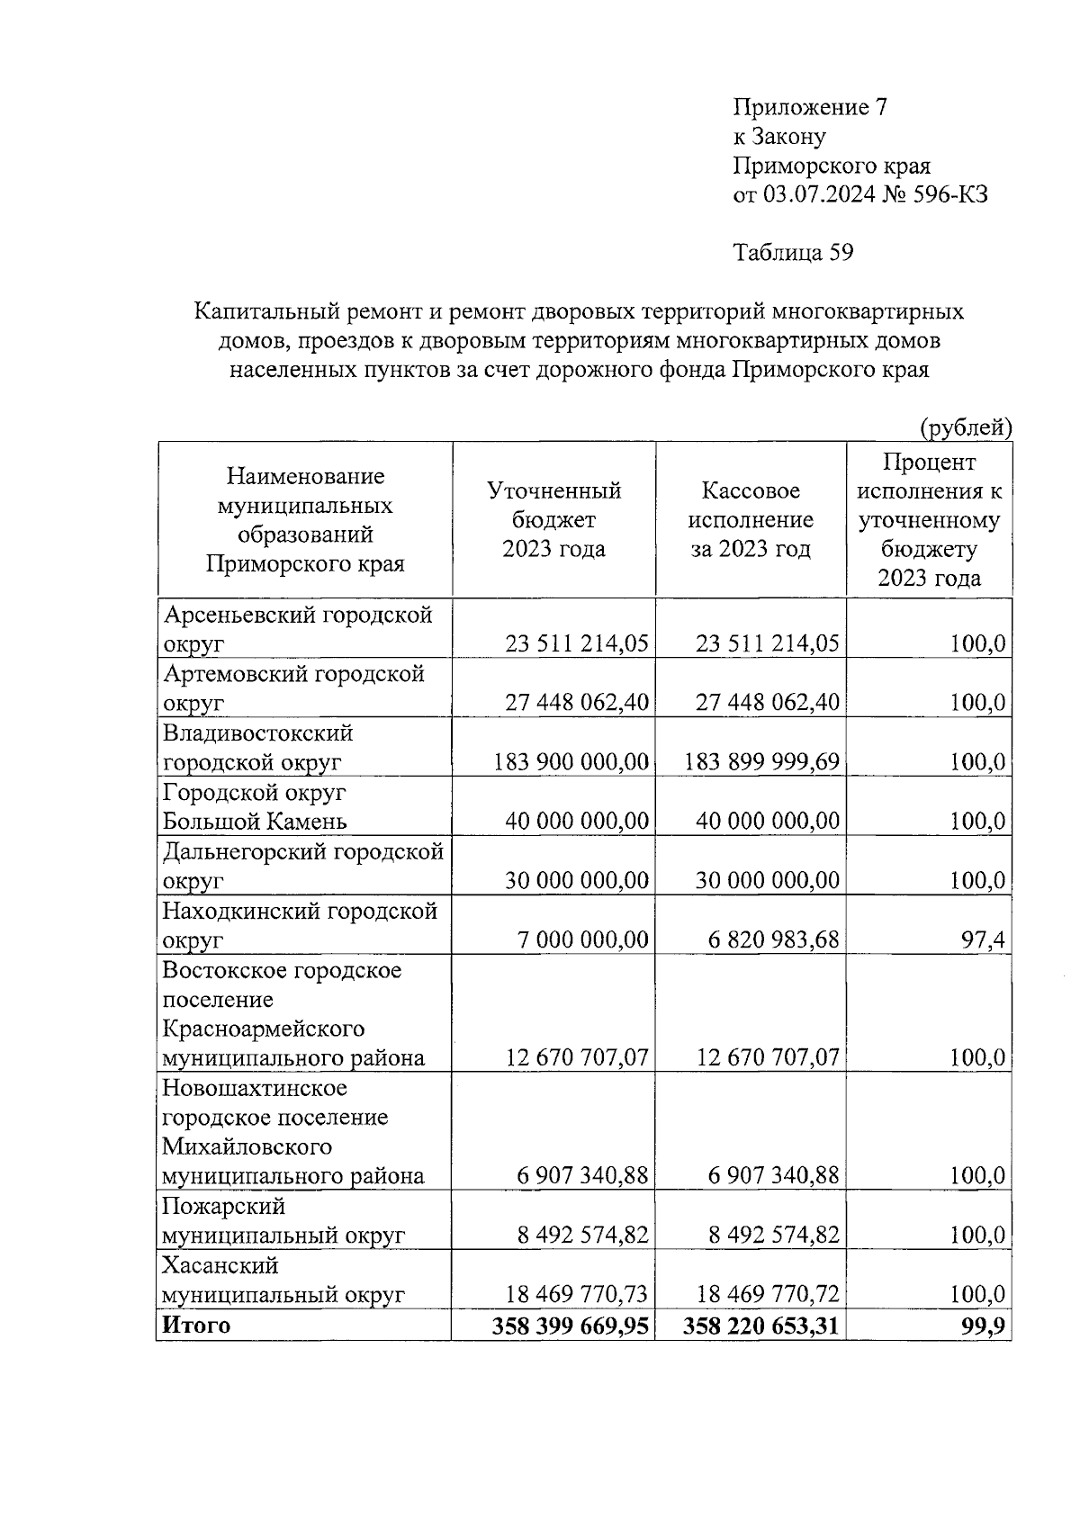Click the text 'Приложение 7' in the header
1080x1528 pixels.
pos(810,108)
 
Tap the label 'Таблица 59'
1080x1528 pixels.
pos(793,253)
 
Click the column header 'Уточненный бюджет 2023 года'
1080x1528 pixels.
pos(553,519)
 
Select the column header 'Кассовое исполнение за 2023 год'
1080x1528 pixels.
pos(750,519)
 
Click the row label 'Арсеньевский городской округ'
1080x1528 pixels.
pos(297,629)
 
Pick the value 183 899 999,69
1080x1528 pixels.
pos(761,762)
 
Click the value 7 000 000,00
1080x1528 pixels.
pos(582,940)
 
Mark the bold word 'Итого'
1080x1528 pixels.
pos(195,1325)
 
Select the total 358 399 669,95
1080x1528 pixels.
pos(571,1326)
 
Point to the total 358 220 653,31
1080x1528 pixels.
pos(761,1326)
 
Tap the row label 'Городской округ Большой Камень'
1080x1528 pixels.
pos(255,807)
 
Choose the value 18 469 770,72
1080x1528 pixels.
pos(768,1295)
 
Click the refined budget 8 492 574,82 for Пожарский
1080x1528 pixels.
pos(582,1236)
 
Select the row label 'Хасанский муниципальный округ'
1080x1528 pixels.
pos(283,1281)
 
